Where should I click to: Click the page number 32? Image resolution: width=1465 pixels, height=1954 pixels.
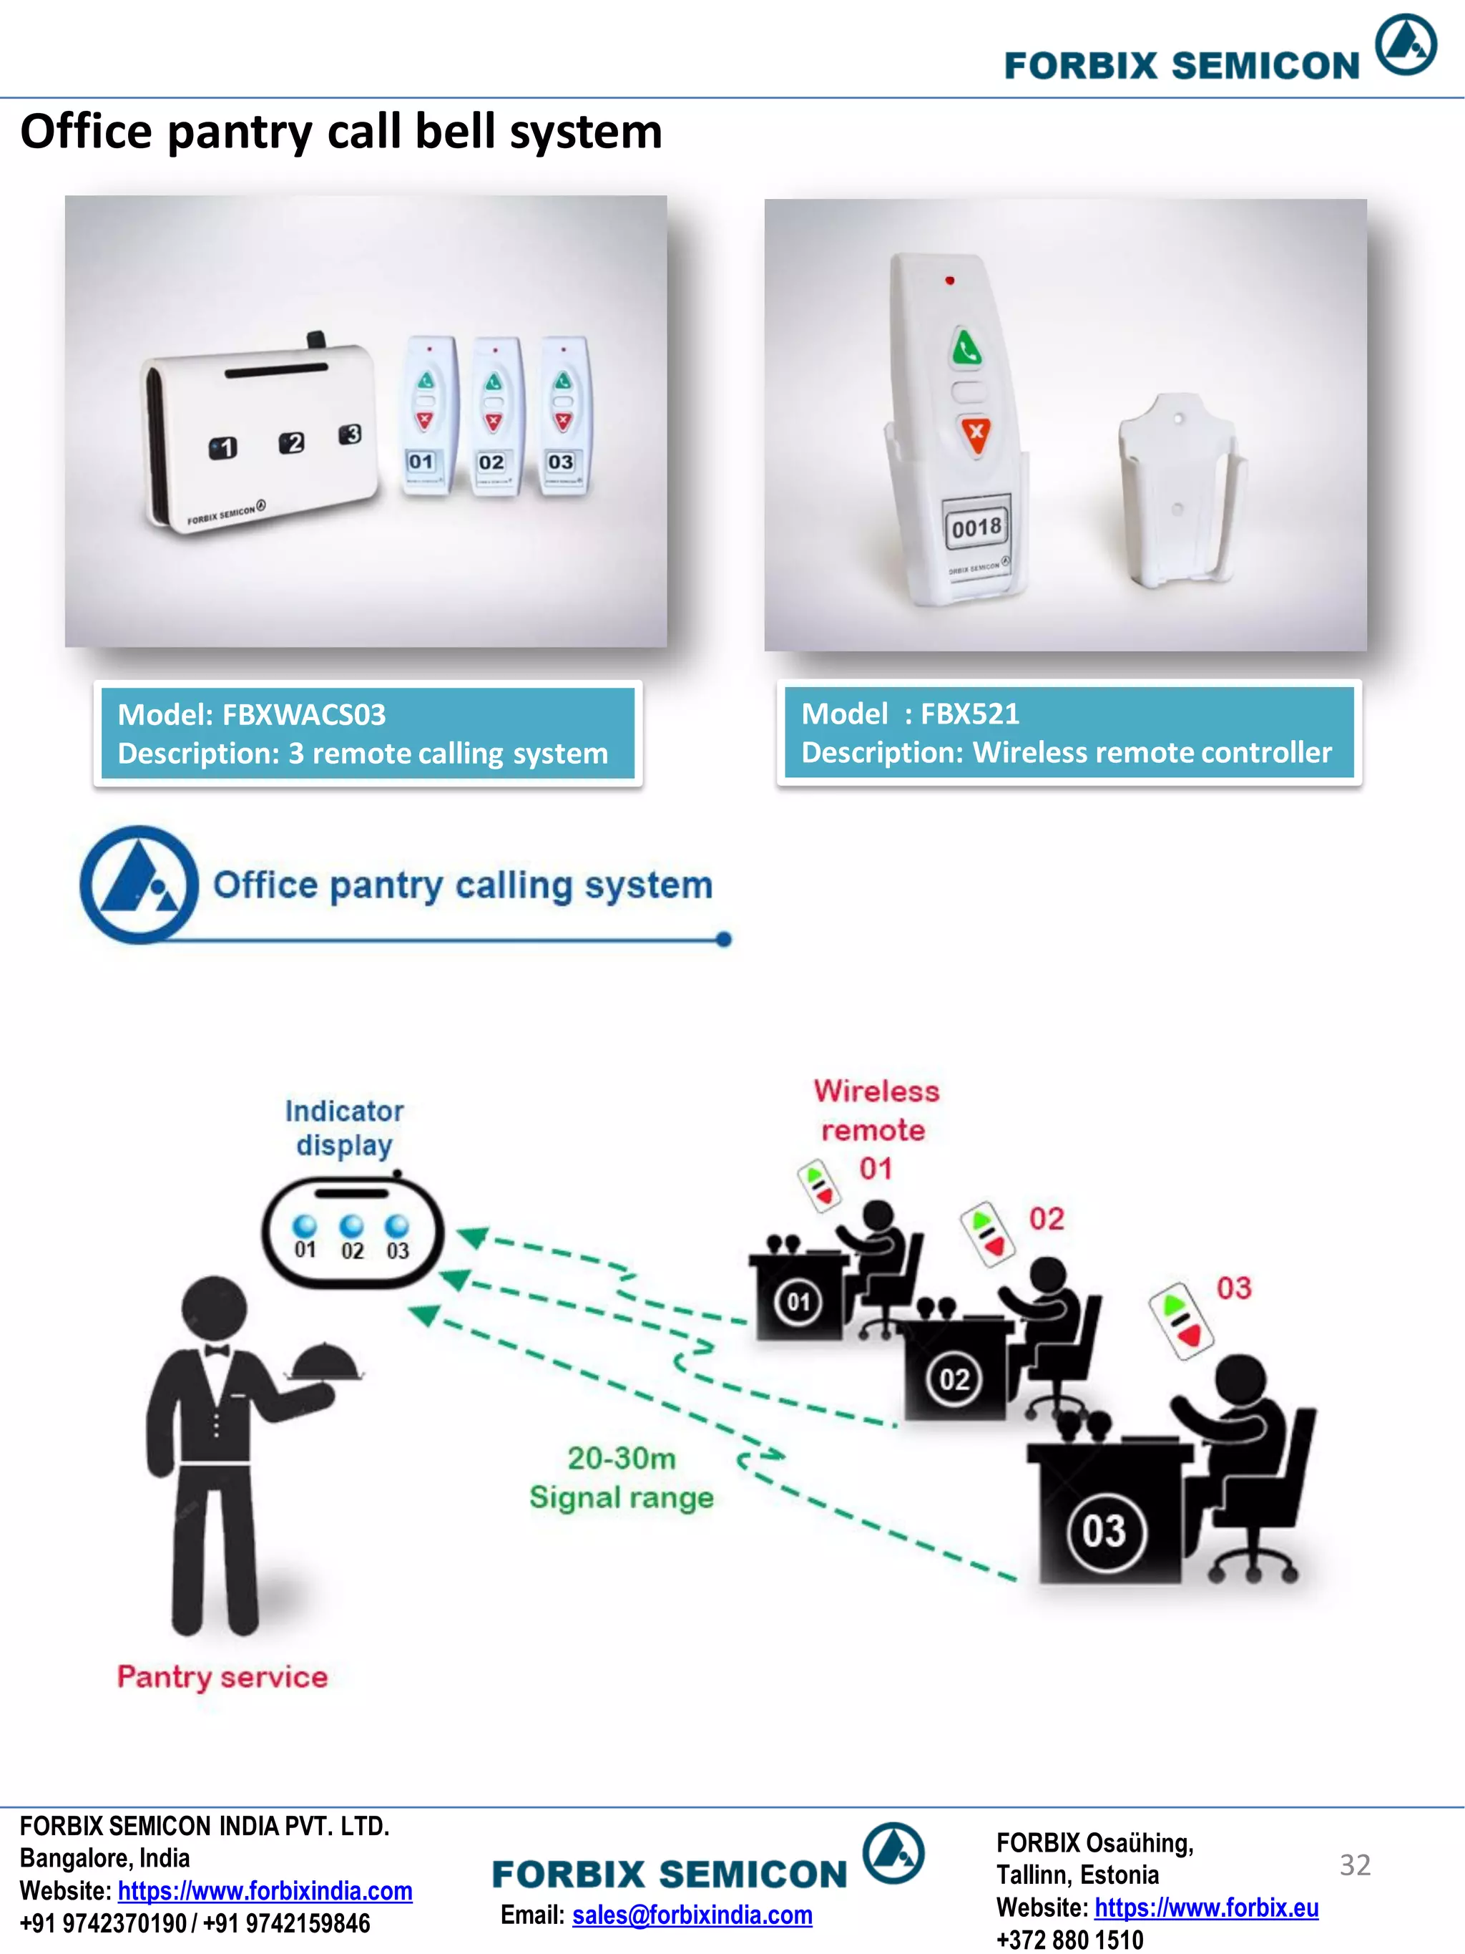[1355, 1864]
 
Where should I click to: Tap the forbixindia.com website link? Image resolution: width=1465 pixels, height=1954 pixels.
[265, 1890]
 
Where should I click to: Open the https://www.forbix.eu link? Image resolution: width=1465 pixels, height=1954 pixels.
[1205, 1907]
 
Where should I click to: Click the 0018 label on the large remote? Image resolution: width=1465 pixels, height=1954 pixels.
[976, 528]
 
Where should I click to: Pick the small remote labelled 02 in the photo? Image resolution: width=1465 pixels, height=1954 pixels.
[493, 415]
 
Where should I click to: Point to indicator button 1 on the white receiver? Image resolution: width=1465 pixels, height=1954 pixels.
[222, 448]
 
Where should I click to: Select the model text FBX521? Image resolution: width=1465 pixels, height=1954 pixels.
[969, 713]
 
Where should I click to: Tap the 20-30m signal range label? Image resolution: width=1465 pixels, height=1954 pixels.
[621, 1477]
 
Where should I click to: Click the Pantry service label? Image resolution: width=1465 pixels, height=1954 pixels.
[222, 1676]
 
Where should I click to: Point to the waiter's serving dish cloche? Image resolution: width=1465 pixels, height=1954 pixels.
[325, 1363]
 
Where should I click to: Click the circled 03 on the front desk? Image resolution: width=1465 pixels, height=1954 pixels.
[1104, 1532]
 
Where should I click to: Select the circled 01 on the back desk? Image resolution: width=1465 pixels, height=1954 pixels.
[798, 1301]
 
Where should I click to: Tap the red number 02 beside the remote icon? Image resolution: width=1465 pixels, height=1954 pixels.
[1047, 1219]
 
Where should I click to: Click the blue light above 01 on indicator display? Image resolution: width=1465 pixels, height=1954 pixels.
[305, 1225]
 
